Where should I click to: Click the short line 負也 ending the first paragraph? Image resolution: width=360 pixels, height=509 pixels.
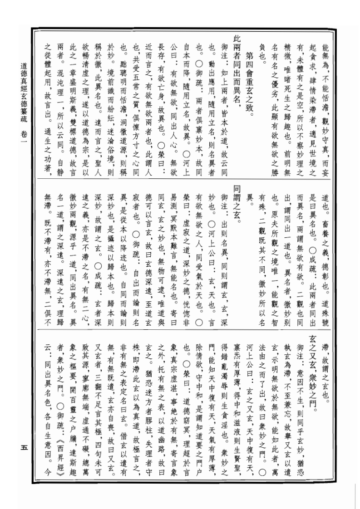click(260, 47)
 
